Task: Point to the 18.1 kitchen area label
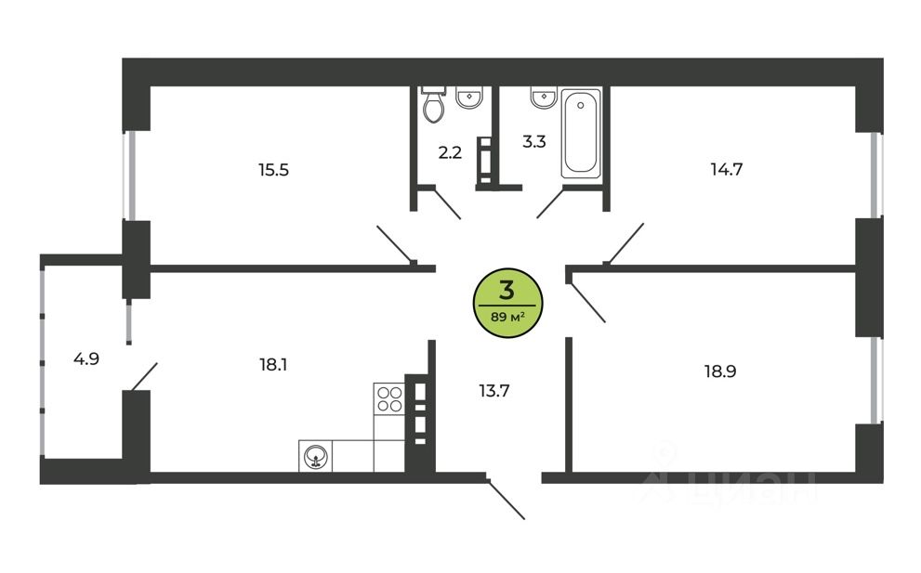[272, 365]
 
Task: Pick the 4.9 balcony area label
[86, 358]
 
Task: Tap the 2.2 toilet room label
[451, 152]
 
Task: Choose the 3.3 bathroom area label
[533, 142]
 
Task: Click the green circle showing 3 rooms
[507, 299]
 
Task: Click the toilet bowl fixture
[434, 107]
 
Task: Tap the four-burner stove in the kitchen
[389, 398]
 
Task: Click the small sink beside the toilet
[469, 98]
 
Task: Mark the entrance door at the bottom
[507, 500]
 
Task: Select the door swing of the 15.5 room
[395, 244]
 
